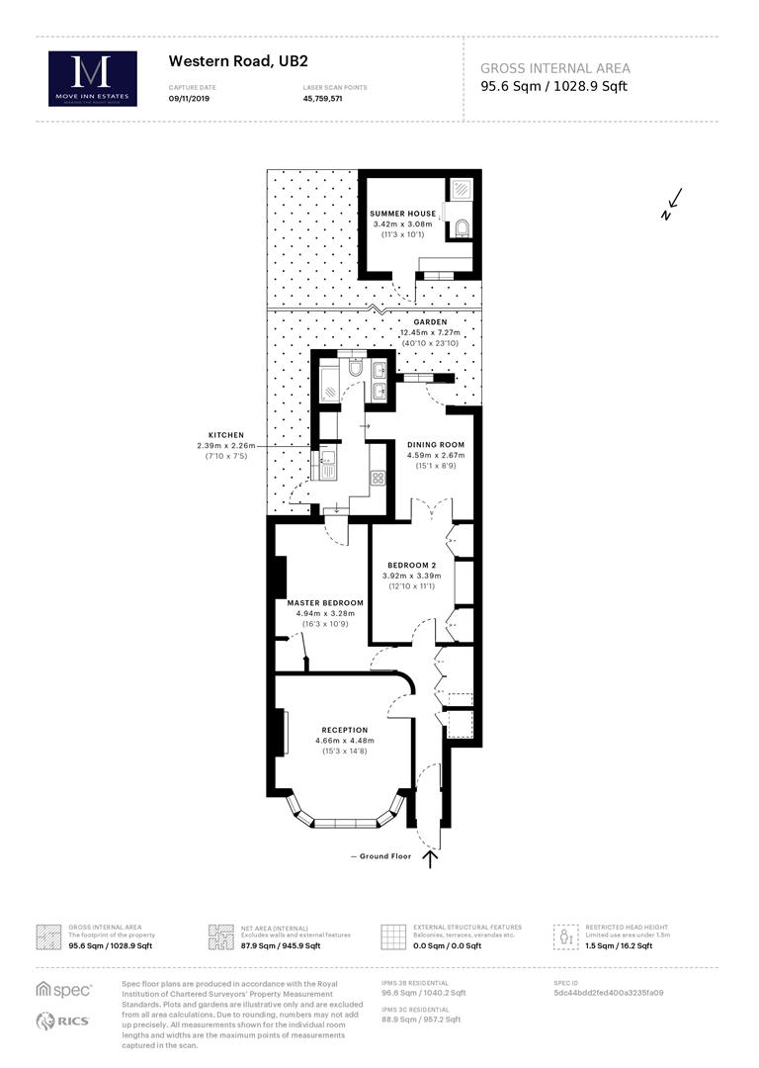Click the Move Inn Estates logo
pos(93,78)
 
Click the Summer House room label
pos(403,214)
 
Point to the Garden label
pos(431,322)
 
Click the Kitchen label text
pos(225,435)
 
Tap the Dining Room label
pos(436,445)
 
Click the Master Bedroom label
pos(325,602)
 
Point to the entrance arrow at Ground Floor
pos(430,858)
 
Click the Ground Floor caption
pos(382,855)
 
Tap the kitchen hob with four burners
pos(377,478)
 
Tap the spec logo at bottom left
pos(64,989)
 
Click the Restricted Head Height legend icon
pos(566,935)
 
